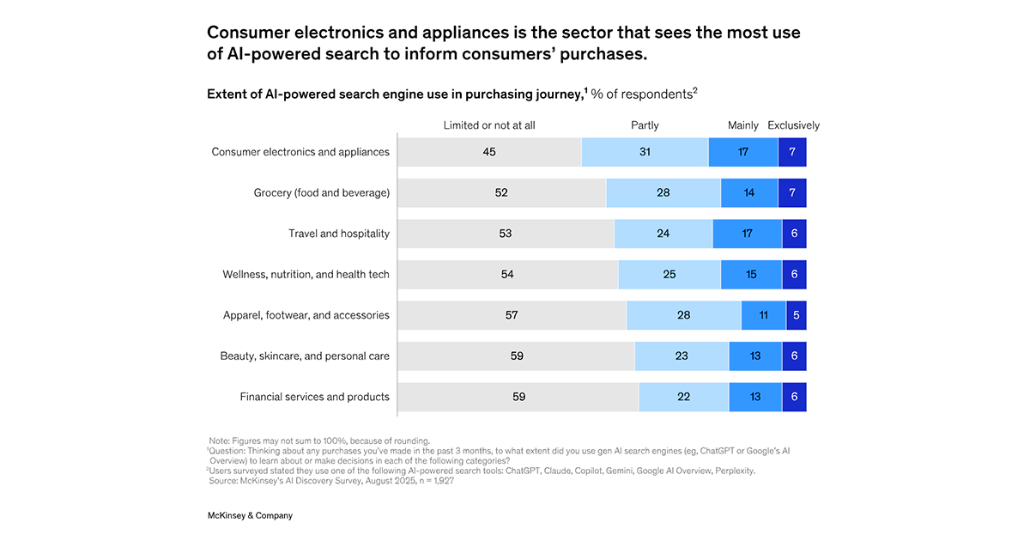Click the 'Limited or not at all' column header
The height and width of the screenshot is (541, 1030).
[x=488, y=125]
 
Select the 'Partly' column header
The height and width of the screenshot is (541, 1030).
[x=645, y=125]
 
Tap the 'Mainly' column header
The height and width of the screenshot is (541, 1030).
[x=742, y=125]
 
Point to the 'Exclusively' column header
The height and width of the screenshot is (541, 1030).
[x=793, y=125]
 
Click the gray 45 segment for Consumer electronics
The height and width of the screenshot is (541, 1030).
[x=489, y=152]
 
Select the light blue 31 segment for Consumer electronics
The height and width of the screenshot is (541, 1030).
[x=645, y=152]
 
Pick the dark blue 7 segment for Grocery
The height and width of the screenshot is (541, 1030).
[x=792, y=193]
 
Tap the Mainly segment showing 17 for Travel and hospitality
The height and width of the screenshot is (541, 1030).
[x=747, y=234]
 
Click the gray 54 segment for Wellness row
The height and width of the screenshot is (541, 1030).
[x=507, y=275]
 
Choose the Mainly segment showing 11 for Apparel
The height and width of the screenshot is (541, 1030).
[x=763, y=315]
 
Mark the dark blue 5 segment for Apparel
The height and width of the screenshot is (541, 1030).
[x=797, y=315]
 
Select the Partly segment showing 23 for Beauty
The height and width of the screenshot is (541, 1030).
[x=682, y=356]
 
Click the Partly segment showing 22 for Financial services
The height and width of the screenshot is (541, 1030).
[x=683, y=397]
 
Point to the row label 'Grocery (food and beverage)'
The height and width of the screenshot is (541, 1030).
[x=321, y=193]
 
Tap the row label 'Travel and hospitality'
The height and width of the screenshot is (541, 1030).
[x=338, y=234]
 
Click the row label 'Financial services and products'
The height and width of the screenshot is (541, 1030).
[x=314, y=397]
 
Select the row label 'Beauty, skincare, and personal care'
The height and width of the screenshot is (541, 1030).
[x=306, y=356]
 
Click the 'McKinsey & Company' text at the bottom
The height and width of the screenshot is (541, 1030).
[x=250, y=515]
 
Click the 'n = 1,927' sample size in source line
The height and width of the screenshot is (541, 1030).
[x=429, y=481]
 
